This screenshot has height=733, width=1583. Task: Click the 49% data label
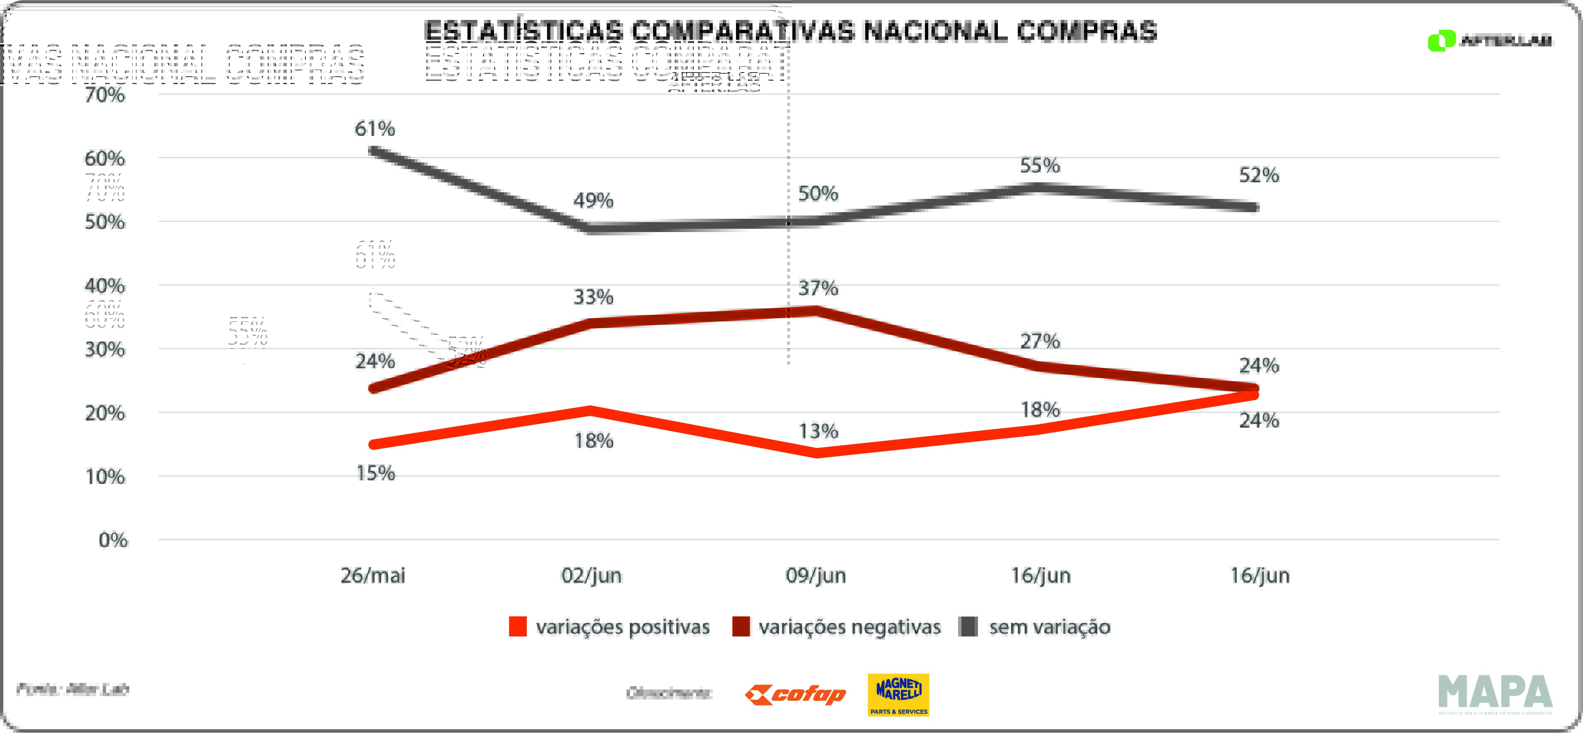click(x=593, y=201)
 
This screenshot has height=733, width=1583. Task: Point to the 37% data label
click(x=818, y=288)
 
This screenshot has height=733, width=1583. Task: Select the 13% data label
click(x=818, y=431)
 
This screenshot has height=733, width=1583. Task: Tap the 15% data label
click(x=375, y=473)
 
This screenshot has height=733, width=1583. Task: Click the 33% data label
click(x=593, y=298)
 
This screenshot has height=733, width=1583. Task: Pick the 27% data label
click(x=1040, y=341)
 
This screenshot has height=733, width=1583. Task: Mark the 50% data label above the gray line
click(x=818, y=194)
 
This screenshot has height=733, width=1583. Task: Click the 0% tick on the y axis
click(x=113, y=540)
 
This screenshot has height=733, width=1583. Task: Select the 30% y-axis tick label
click(x=105, y=350)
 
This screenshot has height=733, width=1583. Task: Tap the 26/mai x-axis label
click(x=373, y=576)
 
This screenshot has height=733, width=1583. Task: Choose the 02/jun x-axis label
click(x=591, y=576)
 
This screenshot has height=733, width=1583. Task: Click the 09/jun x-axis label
click(x=816, y=576)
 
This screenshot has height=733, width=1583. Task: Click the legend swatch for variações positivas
click(x=518, y=627)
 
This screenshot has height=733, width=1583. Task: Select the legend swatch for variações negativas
click(x=741, y=627)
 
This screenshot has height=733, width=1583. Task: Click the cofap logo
click(x=795, y=695)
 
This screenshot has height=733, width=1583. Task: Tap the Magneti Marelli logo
click(x=898, y=695)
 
